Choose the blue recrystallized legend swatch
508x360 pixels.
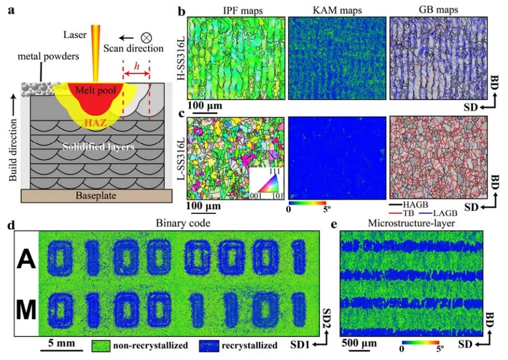point(208,346)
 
